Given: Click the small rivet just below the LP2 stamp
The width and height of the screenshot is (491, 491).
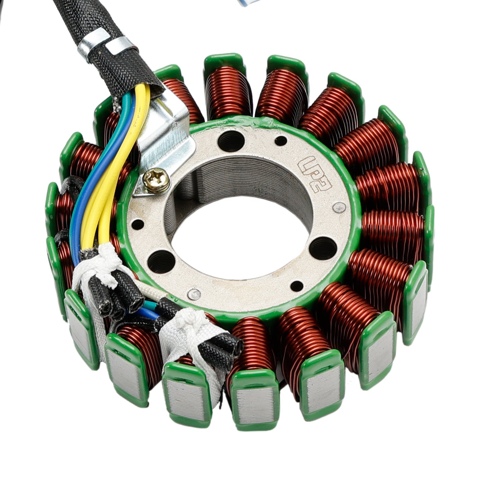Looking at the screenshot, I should pos(339,208).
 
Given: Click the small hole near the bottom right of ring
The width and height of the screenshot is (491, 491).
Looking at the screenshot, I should pos(296,286).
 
